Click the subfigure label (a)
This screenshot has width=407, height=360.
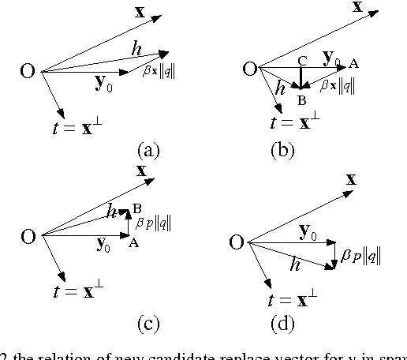[147, 149]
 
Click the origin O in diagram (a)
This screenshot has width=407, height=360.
[28, 72]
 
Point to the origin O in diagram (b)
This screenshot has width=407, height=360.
[250, 69]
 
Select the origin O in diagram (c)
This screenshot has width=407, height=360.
[28, 235]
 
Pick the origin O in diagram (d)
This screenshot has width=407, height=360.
[235, 242]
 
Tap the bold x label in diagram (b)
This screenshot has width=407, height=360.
[357, 8]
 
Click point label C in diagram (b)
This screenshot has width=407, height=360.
[301, 60]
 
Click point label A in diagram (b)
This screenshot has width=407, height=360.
[353, 64]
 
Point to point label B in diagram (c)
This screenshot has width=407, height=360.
[136, 208]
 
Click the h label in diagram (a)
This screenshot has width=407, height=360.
[136, 49]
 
